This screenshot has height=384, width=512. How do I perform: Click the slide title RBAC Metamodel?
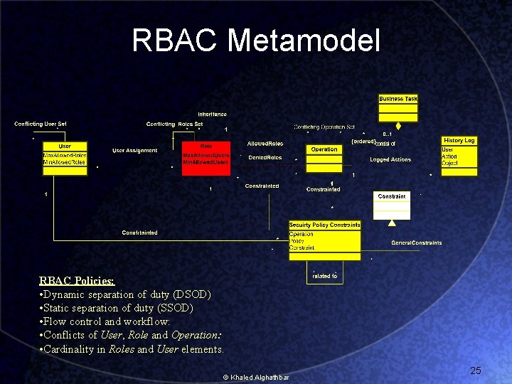click(x=256, y=41)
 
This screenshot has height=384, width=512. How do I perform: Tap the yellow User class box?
click(x=65, y=155)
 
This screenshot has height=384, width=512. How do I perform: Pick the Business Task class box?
click(x=398, y=108)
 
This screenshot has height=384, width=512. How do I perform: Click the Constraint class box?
click(x=392, y=205)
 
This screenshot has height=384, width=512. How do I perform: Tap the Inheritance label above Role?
click(x=213, y=114)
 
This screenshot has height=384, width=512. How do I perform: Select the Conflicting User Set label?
click(x=41, y=124)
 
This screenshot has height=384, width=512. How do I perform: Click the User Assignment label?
click(x=135, y=151)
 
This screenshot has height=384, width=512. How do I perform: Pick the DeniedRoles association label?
click(x=265, y=158)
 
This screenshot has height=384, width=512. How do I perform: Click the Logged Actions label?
click(x=390, y=160)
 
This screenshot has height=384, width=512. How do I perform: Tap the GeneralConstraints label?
click(x=417, y=243)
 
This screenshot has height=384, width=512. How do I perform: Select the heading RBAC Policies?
click(x=77, y=281)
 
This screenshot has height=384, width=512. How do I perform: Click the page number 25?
click(x=476, y=370)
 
